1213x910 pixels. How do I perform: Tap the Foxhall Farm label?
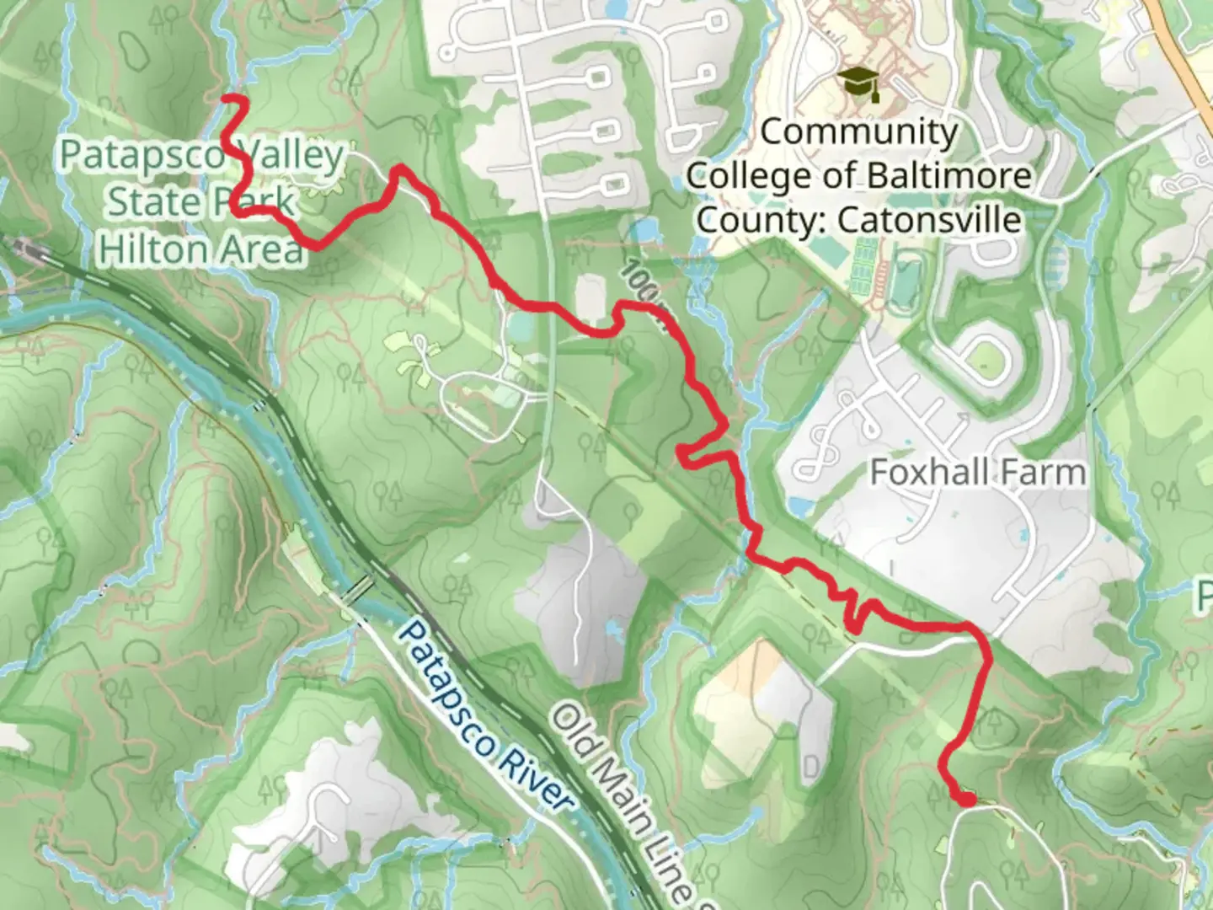click(x=977, y=472)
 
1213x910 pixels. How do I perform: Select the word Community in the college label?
click(x=859, y=131)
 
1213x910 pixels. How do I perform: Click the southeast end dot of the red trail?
click(x=968, y=799)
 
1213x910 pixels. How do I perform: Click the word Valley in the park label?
click(x=291, y=156)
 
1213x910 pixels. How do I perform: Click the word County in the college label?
click(x=762, y=220)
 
